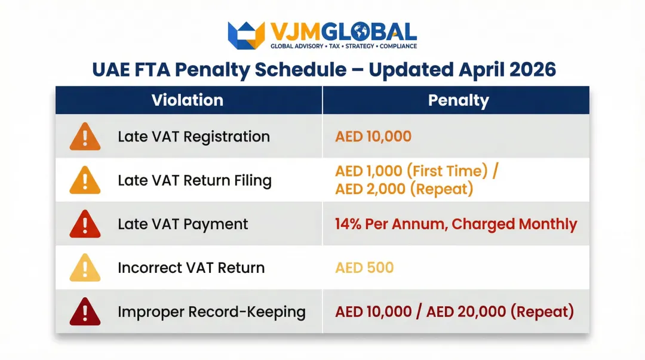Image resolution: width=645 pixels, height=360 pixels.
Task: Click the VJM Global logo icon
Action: pos(246,35)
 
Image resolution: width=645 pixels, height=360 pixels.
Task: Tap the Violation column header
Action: pos(188,100)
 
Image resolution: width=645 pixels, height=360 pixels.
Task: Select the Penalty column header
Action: pos(458,101)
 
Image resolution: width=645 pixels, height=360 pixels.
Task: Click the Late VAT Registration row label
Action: pos(193,137)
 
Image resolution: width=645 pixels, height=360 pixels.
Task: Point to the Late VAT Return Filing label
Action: pos(195,180)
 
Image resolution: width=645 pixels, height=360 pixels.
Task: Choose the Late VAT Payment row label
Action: pos(183,224)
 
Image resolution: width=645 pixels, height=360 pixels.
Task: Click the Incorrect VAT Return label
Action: pos(191,267)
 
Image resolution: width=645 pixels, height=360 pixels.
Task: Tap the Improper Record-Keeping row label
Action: pos(211,312)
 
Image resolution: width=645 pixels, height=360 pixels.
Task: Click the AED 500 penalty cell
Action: pos(364,267)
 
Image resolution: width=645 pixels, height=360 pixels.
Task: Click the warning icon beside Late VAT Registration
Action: pos(85,137)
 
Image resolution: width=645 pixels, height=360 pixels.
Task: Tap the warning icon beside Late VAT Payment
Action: pos(85,224)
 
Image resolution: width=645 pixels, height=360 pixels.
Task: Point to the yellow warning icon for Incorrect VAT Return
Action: pos(85,267)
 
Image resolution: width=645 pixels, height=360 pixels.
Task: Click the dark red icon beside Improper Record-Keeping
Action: pos(85,311)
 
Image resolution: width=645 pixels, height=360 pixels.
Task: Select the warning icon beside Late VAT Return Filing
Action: pos(85,180)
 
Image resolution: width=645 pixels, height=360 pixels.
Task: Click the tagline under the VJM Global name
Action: pos(344,46)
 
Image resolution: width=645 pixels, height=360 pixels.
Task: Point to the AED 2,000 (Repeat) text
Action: pos(404,189)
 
